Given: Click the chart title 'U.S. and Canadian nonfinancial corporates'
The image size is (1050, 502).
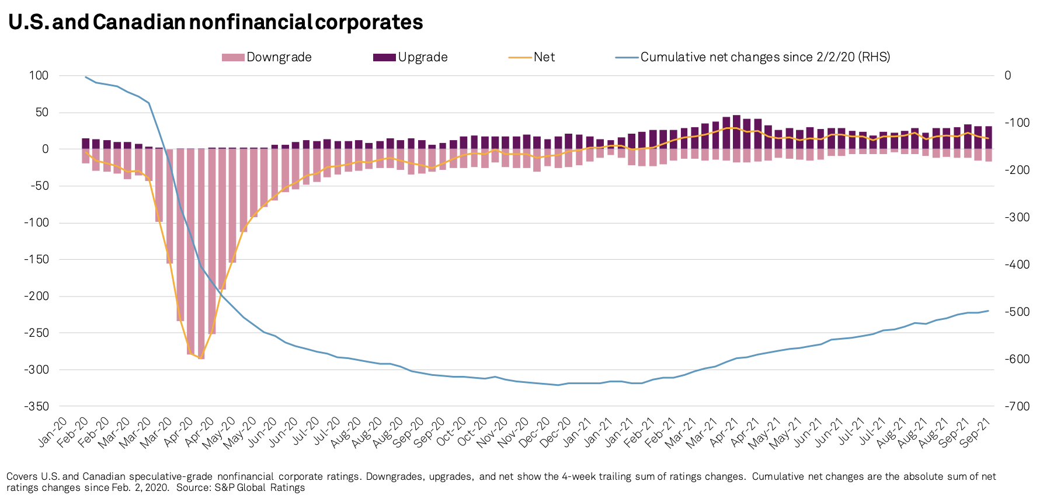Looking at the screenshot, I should click(x=215, y=22).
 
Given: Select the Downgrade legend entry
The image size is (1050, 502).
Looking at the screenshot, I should click(x=267, y=57).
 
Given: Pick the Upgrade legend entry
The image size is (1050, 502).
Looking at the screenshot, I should click(x=411, y=57).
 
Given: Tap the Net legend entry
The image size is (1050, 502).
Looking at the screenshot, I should click(x=532, y=57).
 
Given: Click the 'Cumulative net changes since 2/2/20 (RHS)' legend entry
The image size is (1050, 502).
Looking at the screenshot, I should click(x=753, y=57).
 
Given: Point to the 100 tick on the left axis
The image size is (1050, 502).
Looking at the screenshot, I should click(x=39, y=75).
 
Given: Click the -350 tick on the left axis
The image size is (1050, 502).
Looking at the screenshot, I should click(x=36, y=406).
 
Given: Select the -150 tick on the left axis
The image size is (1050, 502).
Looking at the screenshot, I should click(x=36, y=259).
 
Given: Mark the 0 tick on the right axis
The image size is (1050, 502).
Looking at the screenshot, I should click(x=1008, y=75).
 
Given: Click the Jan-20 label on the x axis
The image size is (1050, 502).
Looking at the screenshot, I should click(x=53, y=433).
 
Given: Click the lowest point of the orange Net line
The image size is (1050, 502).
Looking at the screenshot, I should click(x=201, y=358).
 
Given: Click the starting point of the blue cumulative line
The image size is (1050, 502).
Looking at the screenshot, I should click(x=86, y=77).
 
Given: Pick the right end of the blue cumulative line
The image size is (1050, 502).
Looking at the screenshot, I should click(x=988, y=311).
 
